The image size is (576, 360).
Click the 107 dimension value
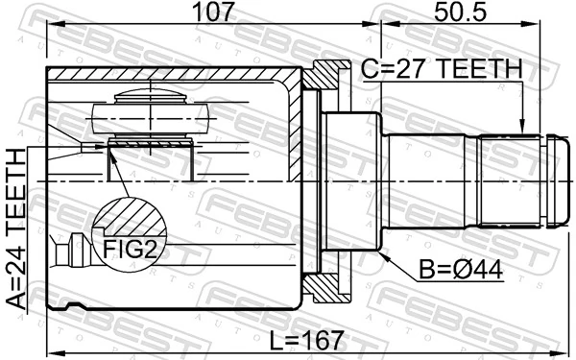click(213, 12)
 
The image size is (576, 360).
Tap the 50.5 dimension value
click(460, 12)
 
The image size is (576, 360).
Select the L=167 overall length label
click(307, 340)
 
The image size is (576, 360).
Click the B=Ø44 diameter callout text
click(461, 271)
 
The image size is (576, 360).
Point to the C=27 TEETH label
click(442, 68)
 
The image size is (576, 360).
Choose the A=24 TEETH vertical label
click(16, 228)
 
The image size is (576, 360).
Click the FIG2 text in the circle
click(130, 249)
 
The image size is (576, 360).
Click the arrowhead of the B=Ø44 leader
click(383, 255)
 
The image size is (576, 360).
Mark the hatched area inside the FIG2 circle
click(129, 217)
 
